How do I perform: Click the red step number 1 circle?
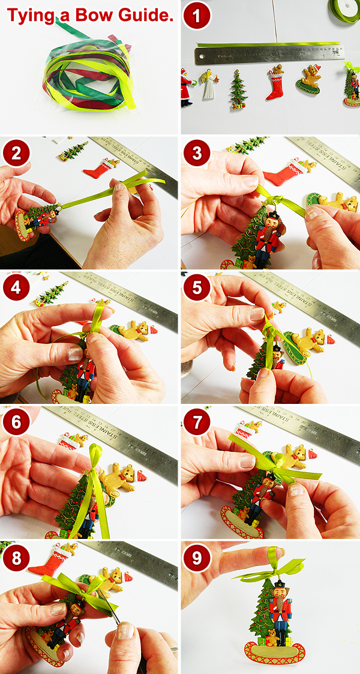tap(197, 17)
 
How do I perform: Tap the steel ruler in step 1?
tap(270, 55)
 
